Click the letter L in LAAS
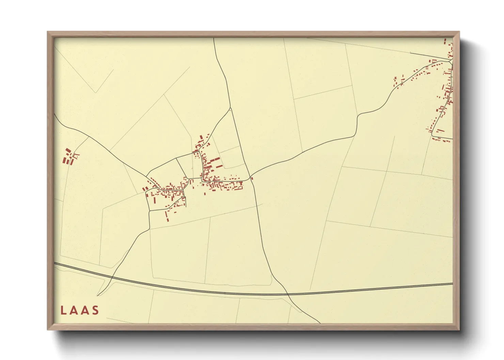click(63, 310)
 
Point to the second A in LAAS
click(84, 310)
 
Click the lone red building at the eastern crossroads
click(252, 178)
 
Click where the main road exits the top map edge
click(214, 38)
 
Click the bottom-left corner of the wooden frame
click(48, 329)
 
